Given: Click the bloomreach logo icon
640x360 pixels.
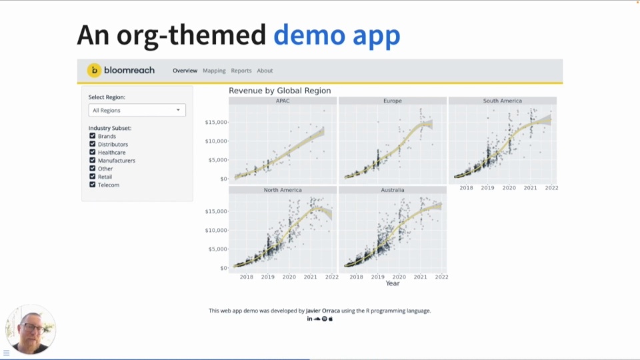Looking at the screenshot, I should click(95, 70).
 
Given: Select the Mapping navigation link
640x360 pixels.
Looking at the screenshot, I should click(214, 71).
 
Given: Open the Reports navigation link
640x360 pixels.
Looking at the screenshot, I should click(241, 71).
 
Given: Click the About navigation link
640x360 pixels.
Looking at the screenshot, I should click(265, 71).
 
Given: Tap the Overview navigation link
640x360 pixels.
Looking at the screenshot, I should click(185, 71).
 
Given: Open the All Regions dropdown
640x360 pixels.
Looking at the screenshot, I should click(137, 110).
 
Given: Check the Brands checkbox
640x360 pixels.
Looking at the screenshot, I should click(93, 136).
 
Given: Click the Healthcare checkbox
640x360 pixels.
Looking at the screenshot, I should click(93, 152).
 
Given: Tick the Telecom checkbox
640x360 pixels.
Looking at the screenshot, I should click(93, 185).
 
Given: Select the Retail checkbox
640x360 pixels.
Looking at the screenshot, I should click(93, 177).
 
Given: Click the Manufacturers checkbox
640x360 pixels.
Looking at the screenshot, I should click(93, 160).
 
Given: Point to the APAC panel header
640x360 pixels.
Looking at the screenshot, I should click(283, 101).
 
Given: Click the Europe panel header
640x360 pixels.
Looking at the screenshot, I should click(392, 101).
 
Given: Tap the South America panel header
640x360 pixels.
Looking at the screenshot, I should click(502, 101).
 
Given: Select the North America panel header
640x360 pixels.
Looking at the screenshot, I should click(283, 190).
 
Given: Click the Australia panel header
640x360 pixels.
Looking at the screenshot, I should click(392, 190).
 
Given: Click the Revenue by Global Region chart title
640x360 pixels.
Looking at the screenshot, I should click(279, 91).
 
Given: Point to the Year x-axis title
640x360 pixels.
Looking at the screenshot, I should click(393, 283).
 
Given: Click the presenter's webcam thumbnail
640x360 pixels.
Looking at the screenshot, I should click(31, 329).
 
